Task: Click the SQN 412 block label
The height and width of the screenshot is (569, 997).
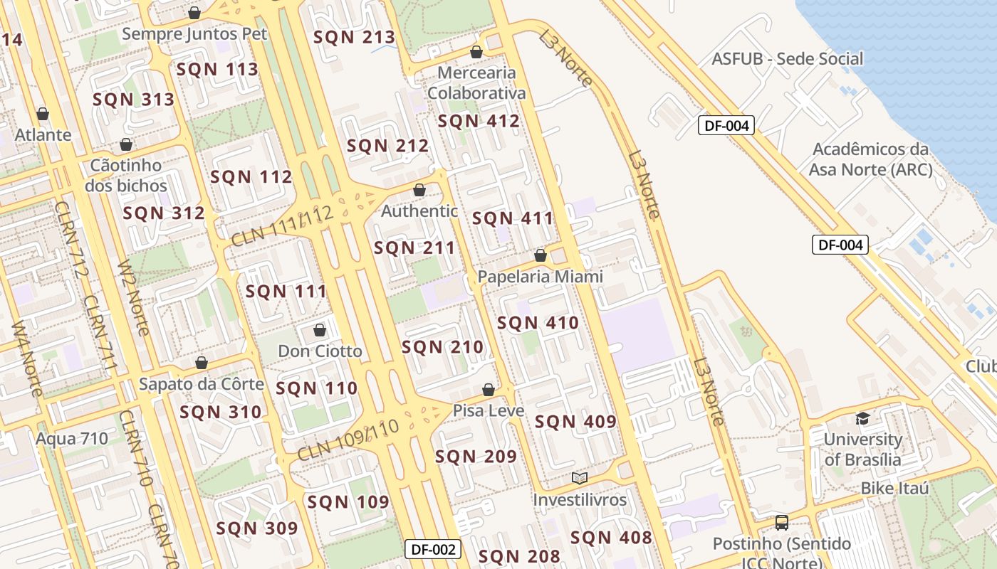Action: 479,121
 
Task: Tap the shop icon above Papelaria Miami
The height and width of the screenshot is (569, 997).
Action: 541,255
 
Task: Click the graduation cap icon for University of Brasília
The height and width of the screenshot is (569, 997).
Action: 862,418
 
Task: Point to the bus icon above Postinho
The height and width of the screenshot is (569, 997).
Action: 781,523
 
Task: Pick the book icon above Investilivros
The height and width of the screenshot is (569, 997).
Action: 580,478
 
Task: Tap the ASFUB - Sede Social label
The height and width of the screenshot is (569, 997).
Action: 787,58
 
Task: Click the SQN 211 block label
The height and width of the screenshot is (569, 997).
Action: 414,248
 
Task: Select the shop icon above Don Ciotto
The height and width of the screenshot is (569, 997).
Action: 320,330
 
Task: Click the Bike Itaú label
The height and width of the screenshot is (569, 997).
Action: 894,489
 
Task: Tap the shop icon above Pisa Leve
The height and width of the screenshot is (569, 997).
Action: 489,390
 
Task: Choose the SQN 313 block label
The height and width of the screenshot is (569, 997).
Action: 133,100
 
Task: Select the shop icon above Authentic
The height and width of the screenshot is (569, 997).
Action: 419,190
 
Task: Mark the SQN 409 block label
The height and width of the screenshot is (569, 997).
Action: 575,422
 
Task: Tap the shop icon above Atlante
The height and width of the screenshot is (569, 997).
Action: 43,114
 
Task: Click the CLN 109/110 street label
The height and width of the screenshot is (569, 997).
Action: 348,440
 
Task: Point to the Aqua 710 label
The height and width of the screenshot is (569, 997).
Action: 72,438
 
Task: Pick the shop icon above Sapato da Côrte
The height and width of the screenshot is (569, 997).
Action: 202,363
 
